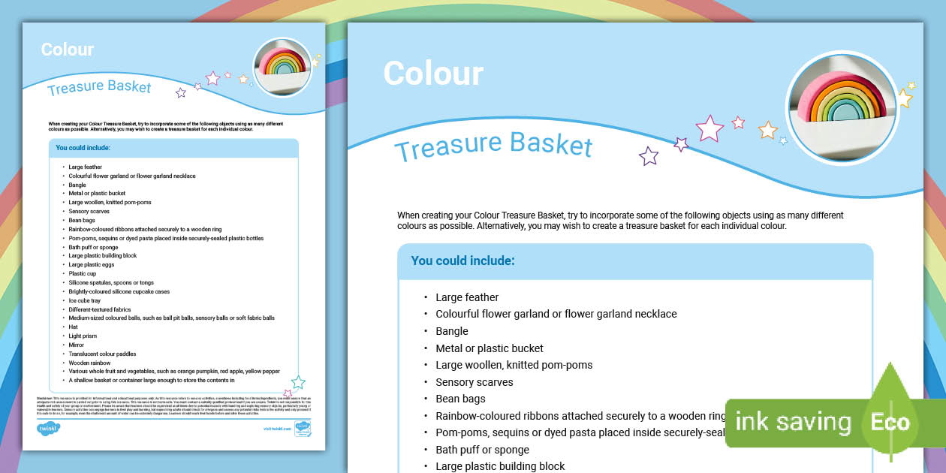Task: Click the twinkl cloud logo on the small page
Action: [x=48, y=428]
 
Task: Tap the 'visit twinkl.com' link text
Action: [x=277, y=429]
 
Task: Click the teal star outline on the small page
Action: [x=298, y=382]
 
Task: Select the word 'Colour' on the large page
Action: [x=433, y=74]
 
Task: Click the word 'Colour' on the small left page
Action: [x=68, y=50]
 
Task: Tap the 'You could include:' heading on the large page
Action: [x=462, y=261]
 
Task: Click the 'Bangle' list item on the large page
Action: [x=452, y=331]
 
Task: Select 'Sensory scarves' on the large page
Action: [x=475, y=382]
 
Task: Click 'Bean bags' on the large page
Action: [x=460, y=399]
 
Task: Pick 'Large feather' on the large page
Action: [x=467, y=297]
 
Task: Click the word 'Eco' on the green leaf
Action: [x=890, y=422]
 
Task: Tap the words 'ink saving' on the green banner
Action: [x=793, y=422]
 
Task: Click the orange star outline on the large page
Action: [x=767, y=131]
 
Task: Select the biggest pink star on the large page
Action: [x=709, y=128]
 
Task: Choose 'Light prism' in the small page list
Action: [x=83, y=336]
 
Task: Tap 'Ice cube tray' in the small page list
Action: [x=84, y=300]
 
